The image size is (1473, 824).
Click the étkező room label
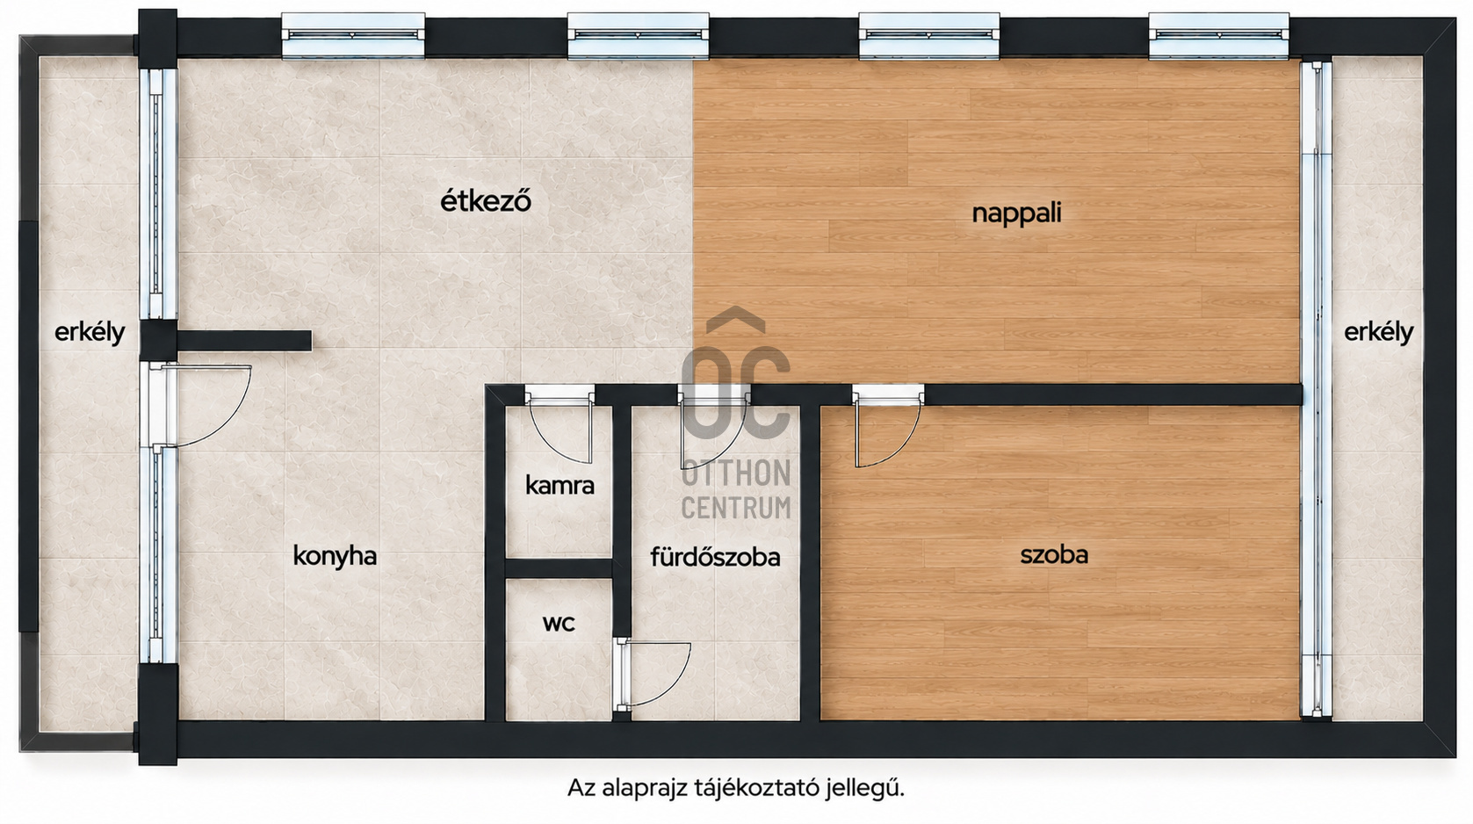coord(486,201)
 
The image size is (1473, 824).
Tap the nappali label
coord(1016,213)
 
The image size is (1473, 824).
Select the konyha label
coord(335,556)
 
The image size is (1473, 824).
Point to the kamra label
coord(560,486)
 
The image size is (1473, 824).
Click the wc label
coord(559,623)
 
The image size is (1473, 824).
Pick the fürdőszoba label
coord(716,557)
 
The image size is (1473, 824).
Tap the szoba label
coord(1054,555)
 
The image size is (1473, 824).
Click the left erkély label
coord(90,333)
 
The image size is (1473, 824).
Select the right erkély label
coord(1378,332)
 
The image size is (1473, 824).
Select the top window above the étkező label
coord(638,35)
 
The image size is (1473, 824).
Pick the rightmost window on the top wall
coord(1219,35)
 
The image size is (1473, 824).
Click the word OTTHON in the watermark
coord(736,473)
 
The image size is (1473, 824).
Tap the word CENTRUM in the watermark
coord(736,507)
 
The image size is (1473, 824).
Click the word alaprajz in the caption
coord(645,788)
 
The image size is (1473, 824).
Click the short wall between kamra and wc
coord(559,569)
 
